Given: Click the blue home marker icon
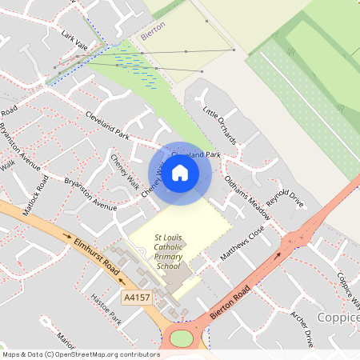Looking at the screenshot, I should pos(180,173).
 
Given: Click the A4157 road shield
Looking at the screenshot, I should pos(137,297).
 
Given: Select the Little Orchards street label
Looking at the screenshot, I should pos(219,124).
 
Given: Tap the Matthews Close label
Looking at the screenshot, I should pos(242,243).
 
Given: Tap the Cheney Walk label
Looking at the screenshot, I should pos(123,168).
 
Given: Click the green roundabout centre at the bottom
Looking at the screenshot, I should pos(182,338).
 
